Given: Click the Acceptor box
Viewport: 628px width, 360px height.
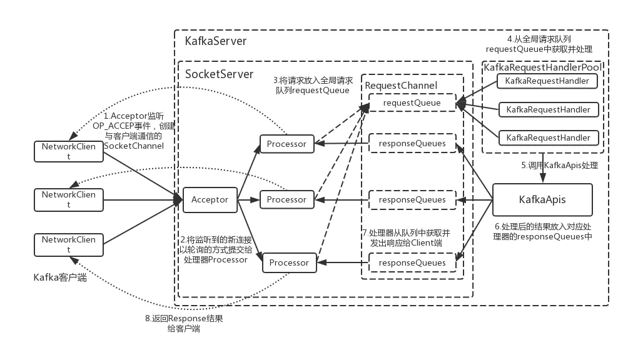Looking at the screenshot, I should click(x=210, y=200).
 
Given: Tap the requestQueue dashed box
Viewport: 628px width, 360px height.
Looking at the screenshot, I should click(x=412, y=102).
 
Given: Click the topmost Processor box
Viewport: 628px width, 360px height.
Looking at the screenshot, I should click(x=286, y=144).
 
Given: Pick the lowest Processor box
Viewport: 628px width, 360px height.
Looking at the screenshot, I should click(x=289, y=262).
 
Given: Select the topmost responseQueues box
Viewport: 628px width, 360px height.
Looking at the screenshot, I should click(x=412, y=144).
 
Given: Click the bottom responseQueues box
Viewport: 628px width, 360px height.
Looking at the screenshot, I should click(x=412, y=262).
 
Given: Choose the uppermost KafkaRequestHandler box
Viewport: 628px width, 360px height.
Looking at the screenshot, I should click(x=547, y=81).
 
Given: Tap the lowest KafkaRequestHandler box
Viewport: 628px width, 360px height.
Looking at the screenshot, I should click(x=548, y=137).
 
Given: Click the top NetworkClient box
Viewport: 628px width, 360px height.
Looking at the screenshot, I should click(x=69, y=151).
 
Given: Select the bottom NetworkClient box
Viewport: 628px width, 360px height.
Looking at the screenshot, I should click(x=69, y=244).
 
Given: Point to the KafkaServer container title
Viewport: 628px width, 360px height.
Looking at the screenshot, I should click(x=216, y=41).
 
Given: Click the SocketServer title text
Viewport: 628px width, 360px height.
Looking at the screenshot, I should click(x=220, y=74).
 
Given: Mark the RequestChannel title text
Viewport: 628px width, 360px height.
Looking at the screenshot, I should click(x=401, y=85).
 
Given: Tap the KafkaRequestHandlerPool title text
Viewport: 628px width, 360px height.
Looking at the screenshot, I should click(x=543, y=66).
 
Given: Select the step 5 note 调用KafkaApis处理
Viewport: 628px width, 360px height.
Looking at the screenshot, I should click(x=560, y=166).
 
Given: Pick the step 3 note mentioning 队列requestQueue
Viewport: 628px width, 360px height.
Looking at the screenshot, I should click(x=312, y=86).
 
